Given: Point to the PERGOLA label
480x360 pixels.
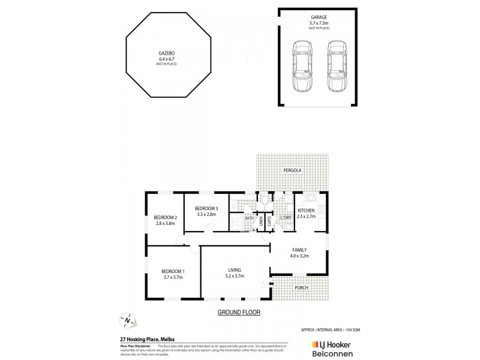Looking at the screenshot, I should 293,170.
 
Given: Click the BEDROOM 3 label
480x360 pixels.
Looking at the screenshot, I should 206,208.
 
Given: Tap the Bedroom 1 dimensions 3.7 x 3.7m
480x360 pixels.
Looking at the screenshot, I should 172,277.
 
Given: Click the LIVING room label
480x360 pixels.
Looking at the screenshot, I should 235,270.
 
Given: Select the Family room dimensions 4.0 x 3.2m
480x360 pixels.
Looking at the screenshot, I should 299,256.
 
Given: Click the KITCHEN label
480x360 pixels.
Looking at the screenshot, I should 306,210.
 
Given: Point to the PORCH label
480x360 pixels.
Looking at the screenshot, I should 301,287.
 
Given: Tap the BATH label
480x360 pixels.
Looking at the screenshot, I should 249,218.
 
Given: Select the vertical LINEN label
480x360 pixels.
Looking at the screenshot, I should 261,221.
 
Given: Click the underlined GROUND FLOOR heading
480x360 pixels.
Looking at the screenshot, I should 235,313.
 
